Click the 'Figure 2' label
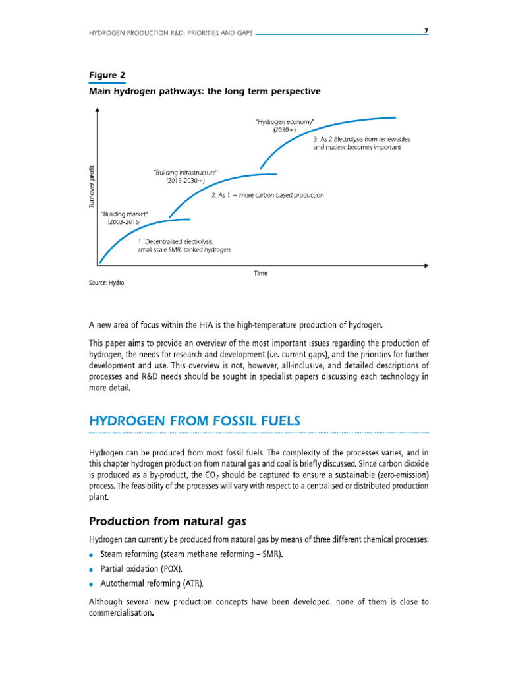point(107,75)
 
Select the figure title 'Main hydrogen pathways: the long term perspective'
point(205,92)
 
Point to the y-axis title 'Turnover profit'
point(92,186)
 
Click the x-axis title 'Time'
point(261,273)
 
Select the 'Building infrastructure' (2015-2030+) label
point(185,176)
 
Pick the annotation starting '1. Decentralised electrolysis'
point(184,247)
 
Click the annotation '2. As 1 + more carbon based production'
point(267,195)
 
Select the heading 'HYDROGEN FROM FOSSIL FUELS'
point(190,421)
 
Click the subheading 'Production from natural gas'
point(167,522)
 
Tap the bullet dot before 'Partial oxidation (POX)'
point(92,569)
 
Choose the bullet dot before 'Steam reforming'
point(92,554)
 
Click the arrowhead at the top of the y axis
point(98,111)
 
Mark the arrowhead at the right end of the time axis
point(426,266)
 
